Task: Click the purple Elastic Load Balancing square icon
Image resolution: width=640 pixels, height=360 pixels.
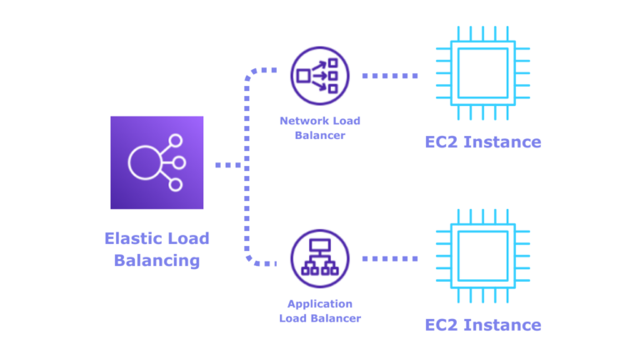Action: [157, 162]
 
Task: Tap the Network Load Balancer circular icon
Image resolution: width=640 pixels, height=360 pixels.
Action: [320, 76]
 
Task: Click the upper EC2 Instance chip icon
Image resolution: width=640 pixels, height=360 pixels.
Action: [482, 73]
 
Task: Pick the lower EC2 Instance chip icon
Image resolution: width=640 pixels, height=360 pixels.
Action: [482, 256]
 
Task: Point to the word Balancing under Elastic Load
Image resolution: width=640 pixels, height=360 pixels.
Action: [157, 260]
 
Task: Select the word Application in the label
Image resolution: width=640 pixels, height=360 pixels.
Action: [308, 303]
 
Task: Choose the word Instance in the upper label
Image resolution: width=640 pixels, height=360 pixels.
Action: [502, 142]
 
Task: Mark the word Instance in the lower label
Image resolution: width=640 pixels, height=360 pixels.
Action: [502, 325]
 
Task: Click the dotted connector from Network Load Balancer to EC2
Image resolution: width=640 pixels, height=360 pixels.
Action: [390, 76]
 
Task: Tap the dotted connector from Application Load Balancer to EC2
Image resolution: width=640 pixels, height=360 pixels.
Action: [390, 258]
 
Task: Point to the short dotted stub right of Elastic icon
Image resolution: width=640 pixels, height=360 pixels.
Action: [227, 165]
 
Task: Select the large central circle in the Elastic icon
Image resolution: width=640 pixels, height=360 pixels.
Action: [145, 162]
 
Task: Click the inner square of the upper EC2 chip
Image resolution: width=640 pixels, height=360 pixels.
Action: [482, 73]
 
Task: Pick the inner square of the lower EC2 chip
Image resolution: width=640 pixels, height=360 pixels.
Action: [482, 256]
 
